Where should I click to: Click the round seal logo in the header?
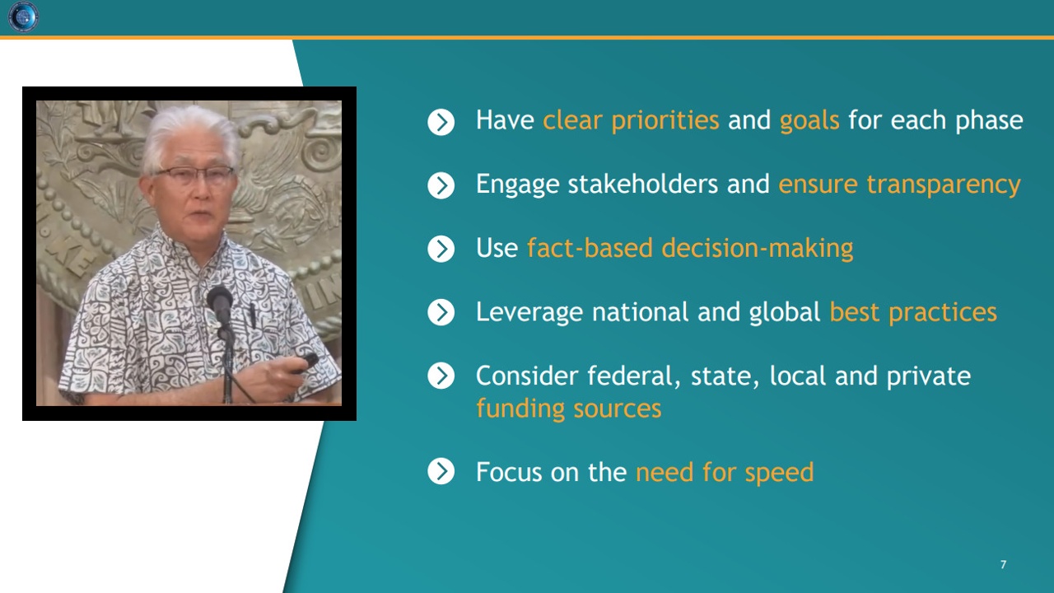[x=23, y=17]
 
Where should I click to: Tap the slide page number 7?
[x=1003, y=564]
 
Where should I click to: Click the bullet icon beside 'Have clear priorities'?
[x=441, y=123]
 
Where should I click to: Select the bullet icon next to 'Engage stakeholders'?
[x=441, y=185]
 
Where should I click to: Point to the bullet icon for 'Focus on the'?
[x=441, y=471]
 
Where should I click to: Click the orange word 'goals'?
[x=809, y=121]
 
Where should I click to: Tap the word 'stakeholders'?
[x=643, y=184]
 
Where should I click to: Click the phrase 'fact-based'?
[x=590, y=248]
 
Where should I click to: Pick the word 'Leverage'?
[x=529, y=313]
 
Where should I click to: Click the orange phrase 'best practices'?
[x=913, y=312]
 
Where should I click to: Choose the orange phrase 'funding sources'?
[x=568, y=408]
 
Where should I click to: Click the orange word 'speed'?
[x=779, y=473]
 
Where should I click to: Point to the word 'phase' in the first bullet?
[x=989, y=121]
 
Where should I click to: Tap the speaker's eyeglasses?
[x=195, y=175]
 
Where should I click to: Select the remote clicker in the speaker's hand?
[x=305, y=363]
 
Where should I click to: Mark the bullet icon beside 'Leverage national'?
[x=441, y=312]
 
